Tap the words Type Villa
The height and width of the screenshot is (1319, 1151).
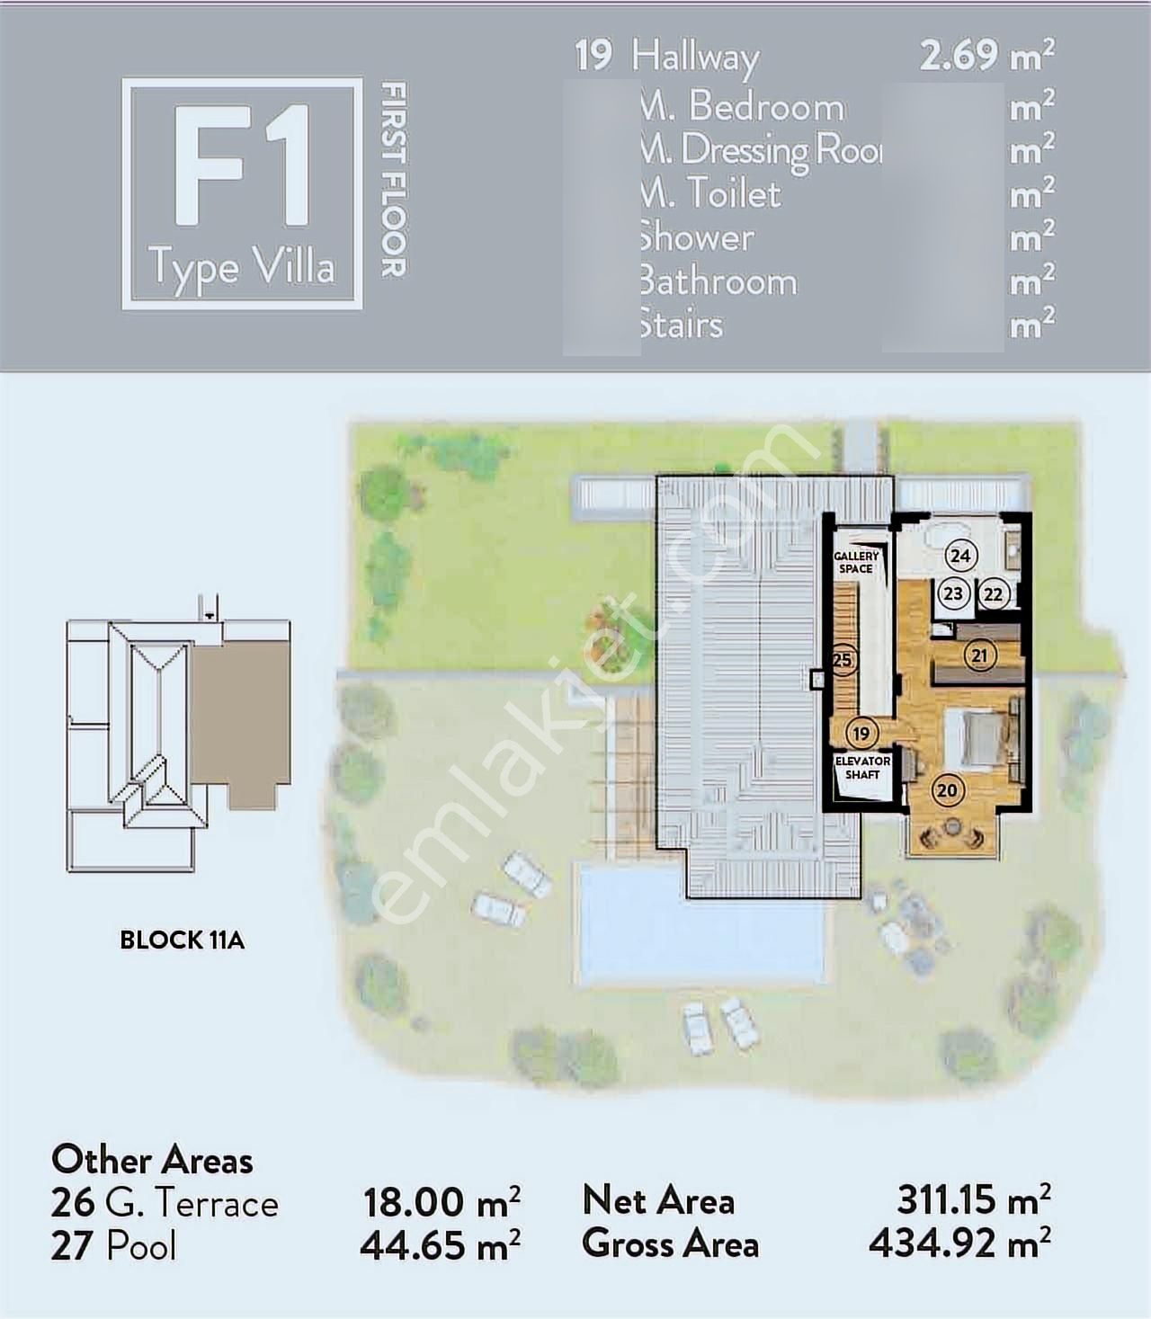(x=242, y=268)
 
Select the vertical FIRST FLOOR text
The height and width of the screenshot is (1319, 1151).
(x=394, y=180)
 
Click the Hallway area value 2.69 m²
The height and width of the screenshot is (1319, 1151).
(x=986, y=56)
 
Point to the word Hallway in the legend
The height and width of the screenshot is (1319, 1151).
(x=695, y=57)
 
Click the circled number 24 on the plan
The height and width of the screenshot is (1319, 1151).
(x=960, y=556)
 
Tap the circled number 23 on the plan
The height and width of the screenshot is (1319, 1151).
(x=952, y=593)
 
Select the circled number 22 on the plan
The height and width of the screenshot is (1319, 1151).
(x=993, y=594)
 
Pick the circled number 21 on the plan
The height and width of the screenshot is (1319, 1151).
(x=979, y=655)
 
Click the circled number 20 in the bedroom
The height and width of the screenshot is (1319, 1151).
(x=946, y=790)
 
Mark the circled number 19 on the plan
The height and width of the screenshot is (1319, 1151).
(x=861, y=734)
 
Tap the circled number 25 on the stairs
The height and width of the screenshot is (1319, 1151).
(x=842, y=660)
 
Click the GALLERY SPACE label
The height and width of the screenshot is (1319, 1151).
(x=855, y=563)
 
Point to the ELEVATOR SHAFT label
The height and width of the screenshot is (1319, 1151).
(x=862, y=768)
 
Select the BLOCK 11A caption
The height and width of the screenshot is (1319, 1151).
(x=182, y=940)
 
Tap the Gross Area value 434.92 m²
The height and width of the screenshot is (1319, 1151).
(x=959, y=1244)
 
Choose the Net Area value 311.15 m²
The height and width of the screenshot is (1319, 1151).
(x=973, y=1199)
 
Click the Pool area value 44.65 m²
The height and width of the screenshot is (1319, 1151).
(x=440, y=1246)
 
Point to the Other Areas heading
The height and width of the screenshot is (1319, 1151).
(x=152, y=1160)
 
